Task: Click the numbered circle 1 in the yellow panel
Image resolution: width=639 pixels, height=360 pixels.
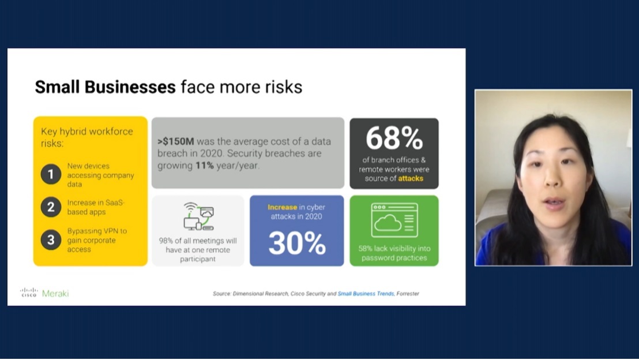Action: click(x=51, y=174)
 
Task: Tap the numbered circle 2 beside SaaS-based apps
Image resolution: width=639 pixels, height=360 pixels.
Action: click(x=51, y=207)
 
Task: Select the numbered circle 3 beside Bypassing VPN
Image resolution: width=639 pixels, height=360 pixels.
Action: click(x=51, y=240)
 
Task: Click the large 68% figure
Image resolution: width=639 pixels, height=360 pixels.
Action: click(x=394, y=138)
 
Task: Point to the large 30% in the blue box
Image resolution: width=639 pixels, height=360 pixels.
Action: click(x=297, y=243)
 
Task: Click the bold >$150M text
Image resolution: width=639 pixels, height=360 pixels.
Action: click(x=176, y=141)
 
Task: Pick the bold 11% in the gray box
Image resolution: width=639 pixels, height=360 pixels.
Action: click(x=205, y=166)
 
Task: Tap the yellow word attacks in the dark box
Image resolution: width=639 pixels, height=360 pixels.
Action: click(x=411, y=179)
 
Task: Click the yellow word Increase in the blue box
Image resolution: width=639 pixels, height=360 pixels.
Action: click(x=282, y=207)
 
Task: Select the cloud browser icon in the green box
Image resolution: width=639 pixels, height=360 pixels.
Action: click(x=394, y=220)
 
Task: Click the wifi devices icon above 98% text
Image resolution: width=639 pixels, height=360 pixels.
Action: click(x=198, y=216)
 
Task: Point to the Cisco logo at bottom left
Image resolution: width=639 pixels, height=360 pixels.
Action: click(x=29, y=292)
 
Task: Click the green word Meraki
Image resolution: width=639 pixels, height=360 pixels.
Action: click(x=55, y=294)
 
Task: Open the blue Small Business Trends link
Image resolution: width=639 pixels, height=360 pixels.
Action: click(x=366, y=294)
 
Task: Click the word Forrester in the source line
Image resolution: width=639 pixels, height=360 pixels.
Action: click(x=408, y=294)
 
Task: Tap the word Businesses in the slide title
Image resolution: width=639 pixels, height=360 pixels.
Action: click(x=130, y=87)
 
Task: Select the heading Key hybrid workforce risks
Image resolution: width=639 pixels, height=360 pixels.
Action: click(x=87, y=137)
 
